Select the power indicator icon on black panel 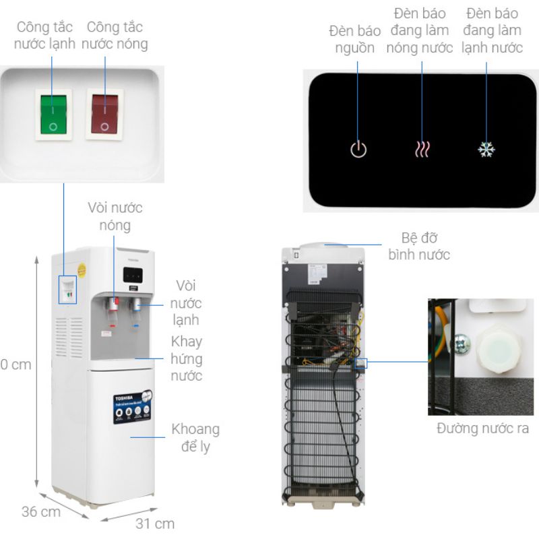point(358,149)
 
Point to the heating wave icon point(422,149)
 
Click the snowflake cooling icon point(486,149)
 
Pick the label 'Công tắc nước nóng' point(115,36)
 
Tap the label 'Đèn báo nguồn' point(355,39)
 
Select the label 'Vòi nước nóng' point(115,216)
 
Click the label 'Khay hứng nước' point(187,358)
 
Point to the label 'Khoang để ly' point(195,437)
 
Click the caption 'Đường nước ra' point(482,429)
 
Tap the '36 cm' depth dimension point(40,512)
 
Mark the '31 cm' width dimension point(159,524)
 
